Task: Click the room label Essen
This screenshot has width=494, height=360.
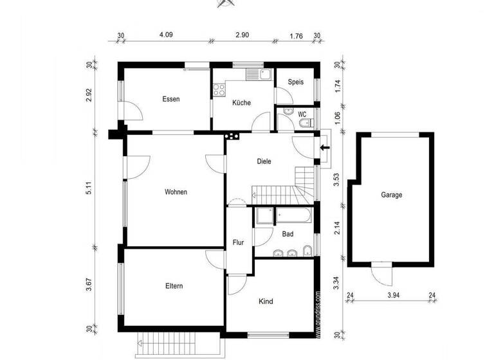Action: coord(171,99)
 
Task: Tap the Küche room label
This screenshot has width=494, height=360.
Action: coord(241,102)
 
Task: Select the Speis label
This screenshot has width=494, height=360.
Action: coord(295,82)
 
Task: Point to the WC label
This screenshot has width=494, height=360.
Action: coord(301,113)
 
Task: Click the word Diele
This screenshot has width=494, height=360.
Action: coord(264,161)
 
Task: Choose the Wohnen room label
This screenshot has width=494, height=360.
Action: coord(176,192)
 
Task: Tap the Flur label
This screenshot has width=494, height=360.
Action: coord(237,242)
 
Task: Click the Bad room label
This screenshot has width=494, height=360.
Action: coord(288,234)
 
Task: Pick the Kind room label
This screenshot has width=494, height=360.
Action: coord(266,301)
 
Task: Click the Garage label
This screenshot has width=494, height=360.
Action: coord(391,195)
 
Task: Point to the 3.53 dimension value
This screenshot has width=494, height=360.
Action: coord(336,179)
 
